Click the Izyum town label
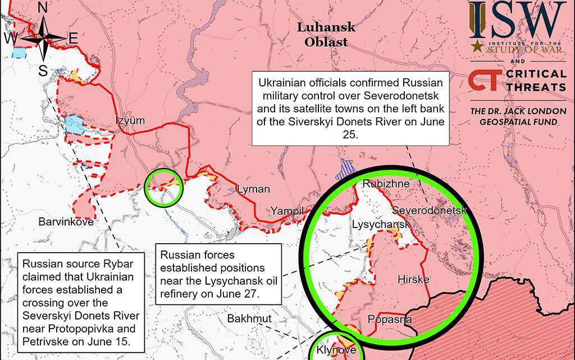click(130, 121)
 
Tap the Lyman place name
click(253, 189)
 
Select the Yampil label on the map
click(287, 211)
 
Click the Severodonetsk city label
click(430, 211)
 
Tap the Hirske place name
click(413, 279)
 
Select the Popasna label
click(390, 320)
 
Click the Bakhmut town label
click(249, 319)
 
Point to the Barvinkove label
click(66, 222)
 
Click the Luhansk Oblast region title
click(326, 34)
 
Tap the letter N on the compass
click(43, 7)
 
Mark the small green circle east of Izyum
click(164, 186)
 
